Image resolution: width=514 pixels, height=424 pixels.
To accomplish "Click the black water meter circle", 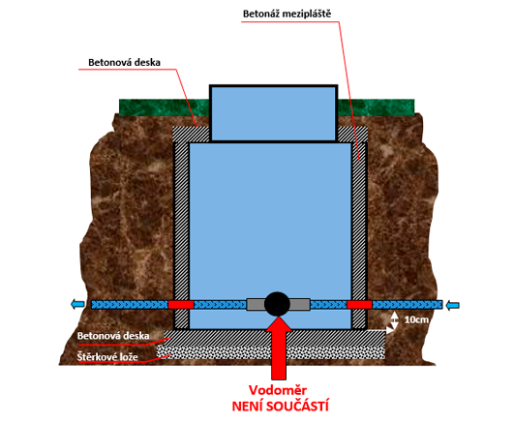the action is [x=277, y=304].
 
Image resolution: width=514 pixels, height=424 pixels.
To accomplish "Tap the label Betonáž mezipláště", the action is [x=287, y=14].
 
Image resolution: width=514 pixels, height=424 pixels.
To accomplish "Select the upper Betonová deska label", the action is [x=124, y=62].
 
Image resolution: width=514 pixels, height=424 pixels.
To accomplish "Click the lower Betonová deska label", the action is [x=113, y=336].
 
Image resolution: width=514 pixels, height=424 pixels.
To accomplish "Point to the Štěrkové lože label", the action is [x=107, y=356].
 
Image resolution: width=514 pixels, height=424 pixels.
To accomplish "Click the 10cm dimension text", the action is [x=416, y=319].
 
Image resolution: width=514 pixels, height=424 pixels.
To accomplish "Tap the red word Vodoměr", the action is [x=278, y=390].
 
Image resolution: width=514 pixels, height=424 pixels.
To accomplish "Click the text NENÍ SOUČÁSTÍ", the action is [x=281, y=406].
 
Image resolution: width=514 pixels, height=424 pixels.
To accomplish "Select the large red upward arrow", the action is [x=278, y=348].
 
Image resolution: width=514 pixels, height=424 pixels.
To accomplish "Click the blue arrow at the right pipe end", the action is [x=453, y=305].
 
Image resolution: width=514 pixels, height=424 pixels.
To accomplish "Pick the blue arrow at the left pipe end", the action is [x=77, y=305].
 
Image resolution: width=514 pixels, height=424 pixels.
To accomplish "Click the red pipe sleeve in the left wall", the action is [x=181, y=305].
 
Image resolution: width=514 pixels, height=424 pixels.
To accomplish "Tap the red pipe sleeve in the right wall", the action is [x=359, y=305].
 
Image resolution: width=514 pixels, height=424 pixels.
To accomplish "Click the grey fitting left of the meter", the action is [x=256, y=305].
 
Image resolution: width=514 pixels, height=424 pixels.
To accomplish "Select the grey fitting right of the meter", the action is [x=300, y=305].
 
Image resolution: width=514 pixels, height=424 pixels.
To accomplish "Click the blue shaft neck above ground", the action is [x=273, y=113].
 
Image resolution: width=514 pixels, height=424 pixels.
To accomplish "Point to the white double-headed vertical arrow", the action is [x=395, y=319].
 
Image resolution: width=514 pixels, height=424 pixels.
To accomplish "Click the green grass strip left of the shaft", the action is [x=165, y=107].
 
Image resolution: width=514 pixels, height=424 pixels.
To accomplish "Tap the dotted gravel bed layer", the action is [x=271, y=352].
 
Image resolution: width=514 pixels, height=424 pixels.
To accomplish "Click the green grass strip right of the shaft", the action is [x=376, y=107].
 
